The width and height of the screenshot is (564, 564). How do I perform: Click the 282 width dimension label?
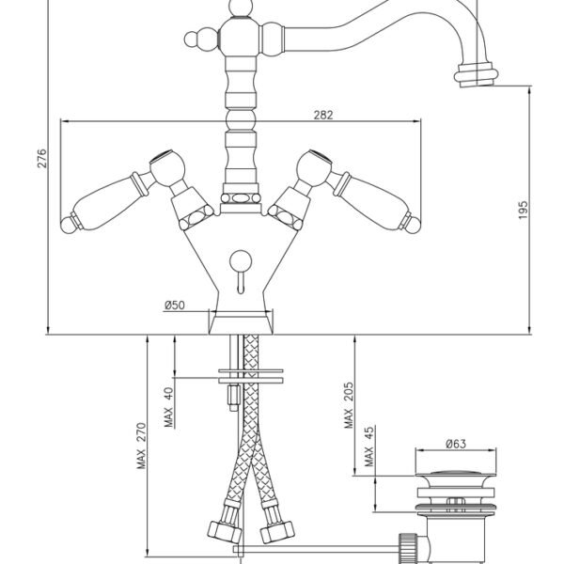[x=323, y=115]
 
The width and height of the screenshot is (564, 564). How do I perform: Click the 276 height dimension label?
[x=42, y=158]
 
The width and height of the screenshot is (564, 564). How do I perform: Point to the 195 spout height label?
[x=523, y=210]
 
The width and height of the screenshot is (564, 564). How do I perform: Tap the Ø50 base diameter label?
[x=175, y=305]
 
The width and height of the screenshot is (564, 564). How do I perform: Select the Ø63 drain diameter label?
[x=456, y=444]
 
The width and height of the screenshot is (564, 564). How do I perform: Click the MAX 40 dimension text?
[x=168, y=407]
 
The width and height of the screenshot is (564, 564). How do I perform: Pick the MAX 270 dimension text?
[x=141, y=446]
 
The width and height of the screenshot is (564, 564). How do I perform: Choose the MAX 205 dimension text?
[x=348, y=405]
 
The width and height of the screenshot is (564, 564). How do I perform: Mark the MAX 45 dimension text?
[x=368, y=446]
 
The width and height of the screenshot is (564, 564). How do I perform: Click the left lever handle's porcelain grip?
[x=105, y=201]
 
